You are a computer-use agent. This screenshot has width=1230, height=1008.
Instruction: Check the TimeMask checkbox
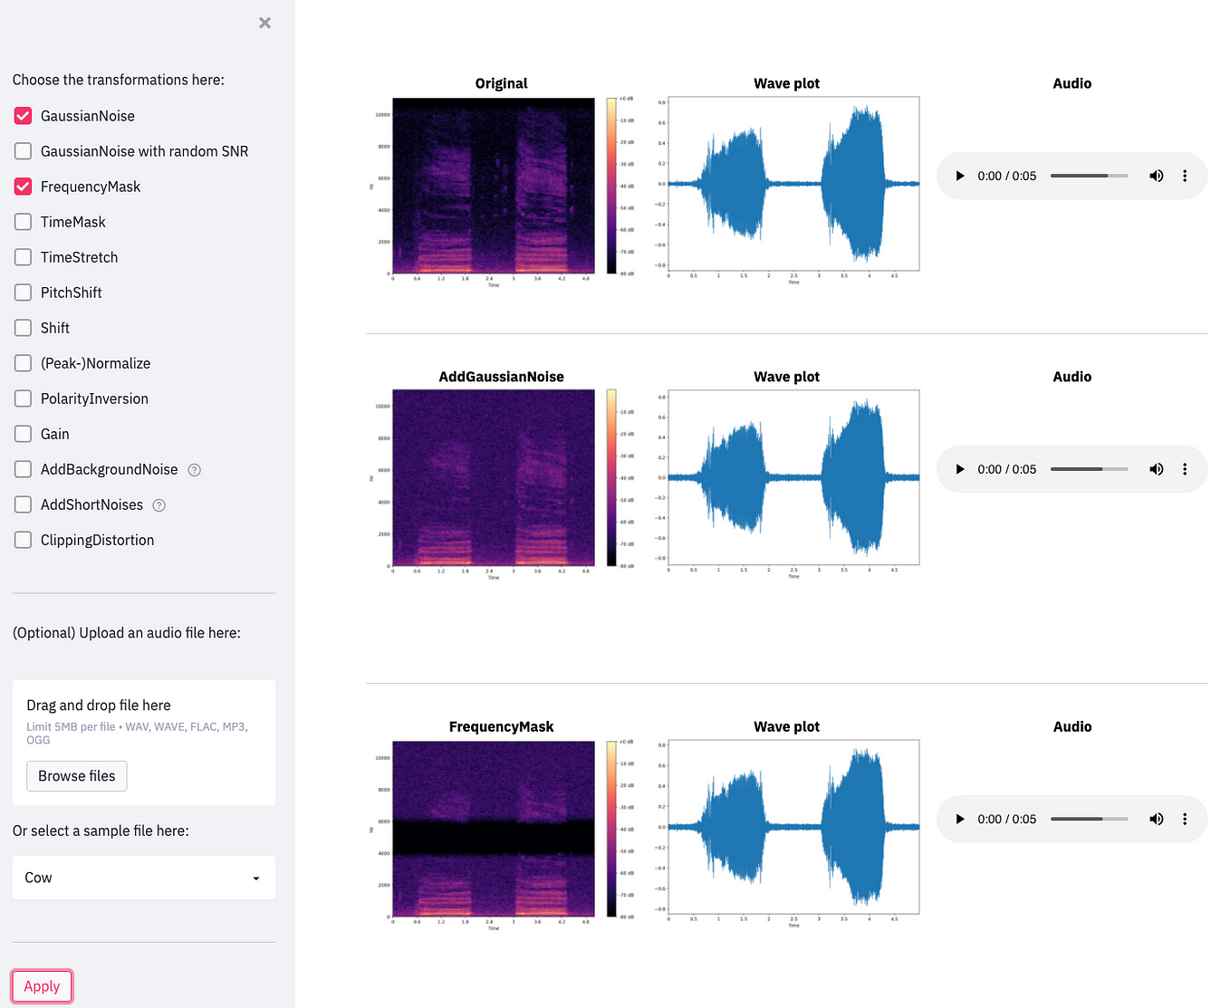tap(24, 222)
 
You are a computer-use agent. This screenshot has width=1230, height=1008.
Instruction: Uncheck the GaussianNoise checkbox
tap(24, 116)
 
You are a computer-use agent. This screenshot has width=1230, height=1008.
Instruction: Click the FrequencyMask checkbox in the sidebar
tap(24, 187)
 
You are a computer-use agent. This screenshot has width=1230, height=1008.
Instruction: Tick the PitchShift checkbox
tap(24, 293)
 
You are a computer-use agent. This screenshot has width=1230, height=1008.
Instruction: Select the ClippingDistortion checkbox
tap(24, 540)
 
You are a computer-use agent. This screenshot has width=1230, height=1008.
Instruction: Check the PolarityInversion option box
tap(24, 398)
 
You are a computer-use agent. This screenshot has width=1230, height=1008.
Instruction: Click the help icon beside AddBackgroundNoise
tap(194, 470)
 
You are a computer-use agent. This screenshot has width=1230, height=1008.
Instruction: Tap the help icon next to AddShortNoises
tap(159, 505)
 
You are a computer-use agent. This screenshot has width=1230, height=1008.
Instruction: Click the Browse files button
tap(77, 776)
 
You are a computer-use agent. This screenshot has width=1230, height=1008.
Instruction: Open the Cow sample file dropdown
tap(143, 878)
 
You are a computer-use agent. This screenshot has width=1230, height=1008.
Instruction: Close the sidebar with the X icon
tap(264, 23)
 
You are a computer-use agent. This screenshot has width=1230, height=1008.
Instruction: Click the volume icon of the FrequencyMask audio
tap(1157, 819)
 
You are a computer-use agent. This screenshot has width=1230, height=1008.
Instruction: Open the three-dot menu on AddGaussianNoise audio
tap(1185, 469)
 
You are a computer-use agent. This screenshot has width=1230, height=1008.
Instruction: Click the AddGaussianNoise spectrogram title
tap(501, 377)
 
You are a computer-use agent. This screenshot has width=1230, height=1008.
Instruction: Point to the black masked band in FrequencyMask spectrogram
tap(494, 838)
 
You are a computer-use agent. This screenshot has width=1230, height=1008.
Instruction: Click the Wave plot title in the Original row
tap(786, 83)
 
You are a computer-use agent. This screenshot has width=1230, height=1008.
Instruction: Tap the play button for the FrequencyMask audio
tap(960, 819)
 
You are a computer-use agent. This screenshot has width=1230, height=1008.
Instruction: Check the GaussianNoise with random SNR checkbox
tap(24, 151)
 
